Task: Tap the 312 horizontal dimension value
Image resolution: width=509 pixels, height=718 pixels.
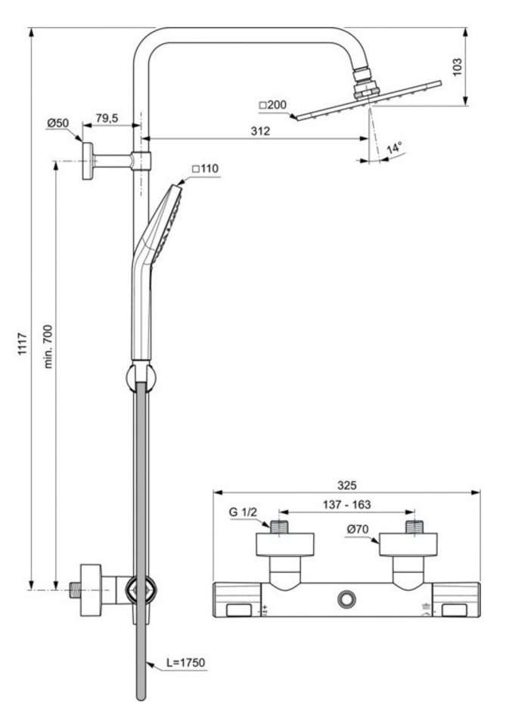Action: click(x=260, y=131)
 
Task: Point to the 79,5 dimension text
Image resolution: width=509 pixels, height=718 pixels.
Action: click(x=107, y=118)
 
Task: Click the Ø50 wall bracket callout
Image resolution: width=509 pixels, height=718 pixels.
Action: click(x=58, y=123)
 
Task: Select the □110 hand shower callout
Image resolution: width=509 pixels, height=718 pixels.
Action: click(x=205, y=169)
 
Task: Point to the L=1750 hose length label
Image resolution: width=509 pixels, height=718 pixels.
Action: click(x=186, y=662)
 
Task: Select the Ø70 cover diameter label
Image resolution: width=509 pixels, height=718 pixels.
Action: click(x=358, y=529)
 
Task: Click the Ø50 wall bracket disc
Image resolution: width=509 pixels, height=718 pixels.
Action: click(x=87, y=161)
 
